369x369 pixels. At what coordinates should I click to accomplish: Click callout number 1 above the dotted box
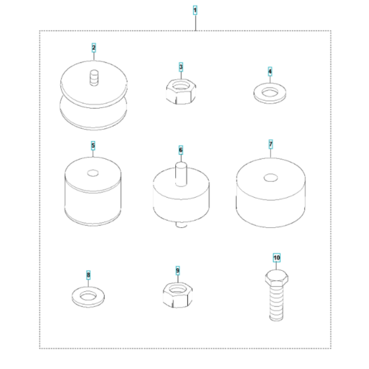click(x=195, y=11)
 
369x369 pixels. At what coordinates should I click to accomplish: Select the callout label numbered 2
click(x=94, y=47)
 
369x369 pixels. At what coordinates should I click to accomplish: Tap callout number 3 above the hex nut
click(x=181, y=67)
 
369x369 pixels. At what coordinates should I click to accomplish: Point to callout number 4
click(x=270, y=71)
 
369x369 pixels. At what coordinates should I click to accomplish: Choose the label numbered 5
click(x=93, y=146)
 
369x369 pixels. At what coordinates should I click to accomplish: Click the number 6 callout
click(x=181, y=150)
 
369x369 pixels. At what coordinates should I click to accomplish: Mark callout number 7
click(x=271, y=144)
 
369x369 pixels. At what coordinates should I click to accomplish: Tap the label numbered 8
click(x=88, y=275)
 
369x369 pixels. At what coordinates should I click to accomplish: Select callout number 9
click(x=178, y=271)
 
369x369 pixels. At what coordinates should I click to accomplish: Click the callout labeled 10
click(x=277, y=258)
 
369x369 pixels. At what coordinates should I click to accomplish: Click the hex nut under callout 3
click(x=181, y=92)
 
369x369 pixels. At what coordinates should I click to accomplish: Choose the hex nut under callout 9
click(x=178, y=295)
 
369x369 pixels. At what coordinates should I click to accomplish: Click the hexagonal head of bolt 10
click(x=277, y=277)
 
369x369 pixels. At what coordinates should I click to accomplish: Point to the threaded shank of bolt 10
click(x=277, y=303)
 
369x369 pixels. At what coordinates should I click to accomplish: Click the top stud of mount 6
click(x=181, y=174)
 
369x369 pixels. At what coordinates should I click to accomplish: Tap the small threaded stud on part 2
click(x=94, y=78)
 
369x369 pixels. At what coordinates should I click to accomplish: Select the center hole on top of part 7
click(x=271, y=178)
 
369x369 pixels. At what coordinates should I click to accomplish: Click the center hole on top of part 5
click(x=93, y=173)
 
